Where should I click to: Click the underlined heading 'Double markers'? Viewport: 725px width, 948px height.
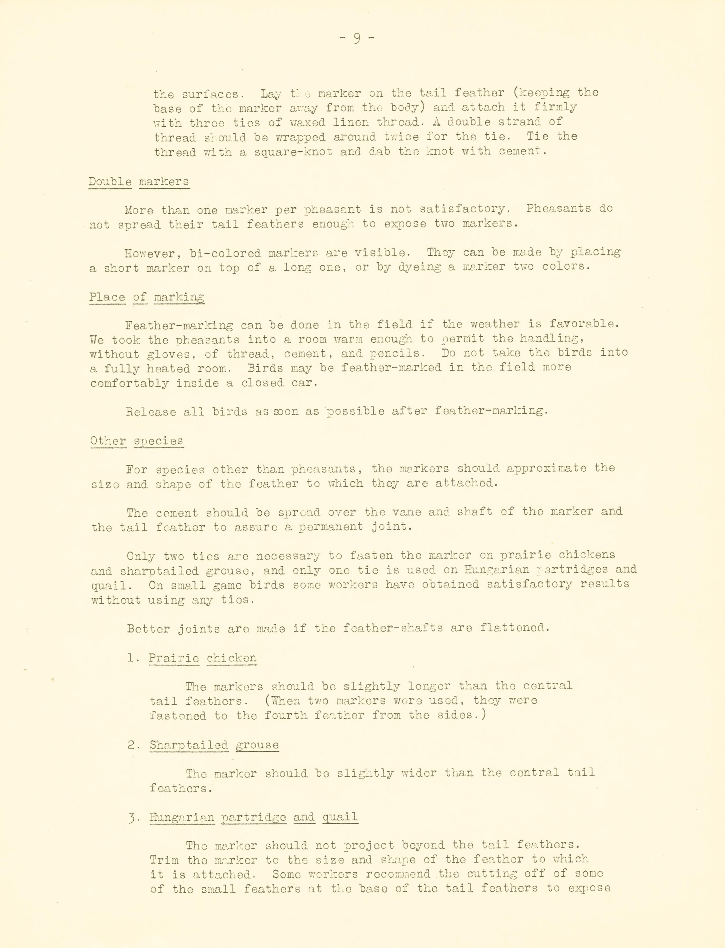point(139,181)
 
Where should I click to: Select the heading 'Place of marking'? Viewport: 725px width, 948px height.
point(147,297)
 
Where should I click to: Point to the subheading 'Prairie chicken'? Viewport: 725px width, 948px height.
point(202,658)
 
